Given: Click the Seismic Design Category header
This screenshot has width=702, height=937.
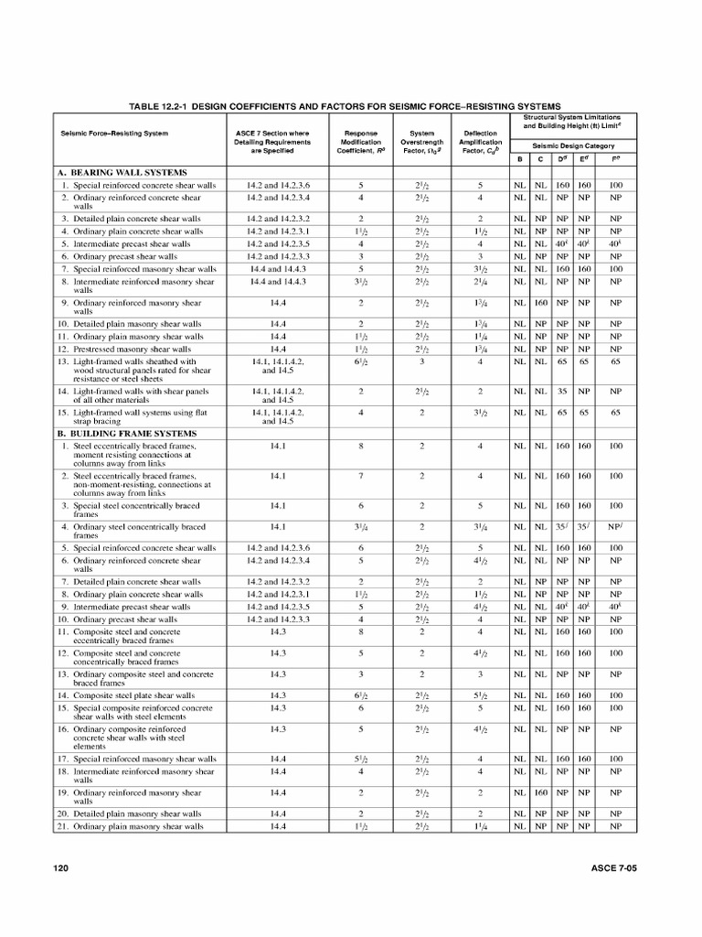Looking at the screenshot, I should [x=574, y=145].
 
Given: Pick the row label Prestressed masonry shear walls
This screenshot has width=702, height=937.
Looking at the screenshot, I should [x=132, y=349].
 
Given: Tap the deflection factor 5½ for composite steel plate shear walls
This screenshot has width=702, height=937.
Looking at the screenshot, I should [x=480, y=695].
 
